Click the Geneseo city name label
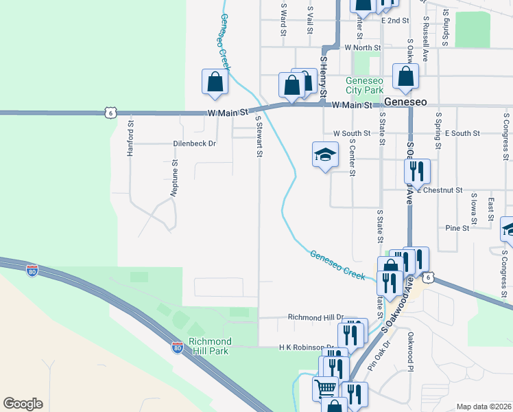pos(406,102)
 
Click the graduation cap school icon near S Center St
pos(325,155)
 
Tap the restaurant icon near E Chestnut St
pos(416,172)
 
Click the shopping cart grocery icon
pos(326,389)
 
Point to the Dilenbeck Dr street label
pos(194,144)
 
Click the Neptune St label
pos(175,176)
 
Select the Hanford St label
pos(130,139)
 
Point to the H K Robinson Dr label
pos(306,347)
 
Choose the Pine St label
pos(457,227)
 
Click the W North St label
pos(363,47)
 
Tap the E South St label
pos(462,133)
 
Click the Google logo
pos(23,404)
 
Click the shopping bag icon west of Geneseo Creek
pos(215,82)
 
